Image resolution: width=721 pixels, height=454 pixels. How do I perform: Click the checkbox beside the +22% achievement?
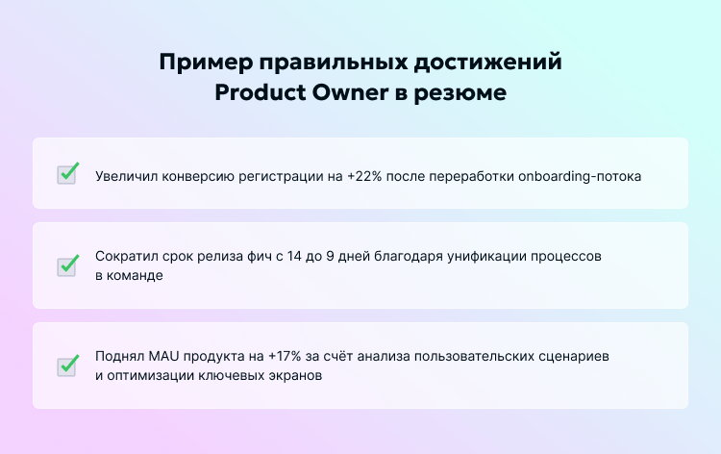(67, 174)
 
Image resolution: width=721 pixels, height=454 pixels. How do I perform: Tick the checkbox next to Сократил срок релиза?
(67, 265)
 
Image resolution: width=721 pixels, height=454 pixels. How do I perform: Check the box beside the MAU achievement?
(67, 366)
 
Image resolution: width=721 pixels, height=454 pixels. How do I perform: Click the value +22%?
(366, 177)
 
